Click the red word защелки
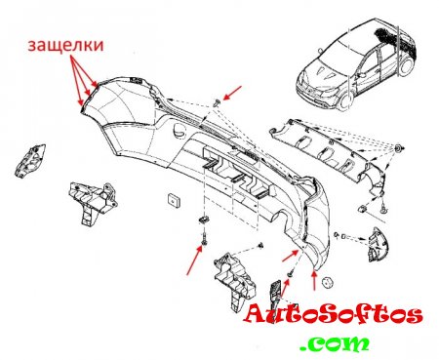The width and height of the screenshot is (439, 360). click(65, 46)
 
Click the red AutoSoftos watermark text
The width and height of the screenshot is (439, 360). click(334, 315)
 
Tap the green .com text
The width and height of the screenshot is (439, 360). click(335, 343)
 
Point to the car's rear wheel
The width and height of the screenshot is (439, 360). click(405, 66)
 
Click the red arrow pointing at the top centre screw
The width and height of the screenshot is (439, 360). click(232, 93)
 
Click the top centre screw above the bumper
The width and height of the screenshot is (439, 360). click(217, 103)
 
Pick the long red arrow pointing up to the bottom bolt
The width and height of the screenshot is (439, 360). click(194, 260)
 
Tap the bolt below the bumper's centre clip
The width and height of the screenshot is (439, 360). click(204, 239)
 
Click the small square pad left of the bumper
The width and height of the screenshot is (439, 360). click(174, 200)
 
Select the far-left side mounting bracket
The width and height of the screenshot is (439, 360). click(30, 161)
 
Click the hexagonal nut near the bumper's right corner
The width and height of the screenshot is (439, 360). click(327, 283)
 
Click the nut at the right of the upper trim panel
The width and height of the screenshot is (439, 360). click(398, 148)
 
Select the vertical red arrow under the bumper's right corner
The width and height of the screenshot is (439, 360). click(314, 280)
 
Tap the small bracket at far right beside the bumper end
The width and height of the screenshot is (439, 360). click(377, 245)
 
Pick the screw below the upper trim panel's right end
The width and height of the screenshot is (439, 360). click(384, 209)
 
